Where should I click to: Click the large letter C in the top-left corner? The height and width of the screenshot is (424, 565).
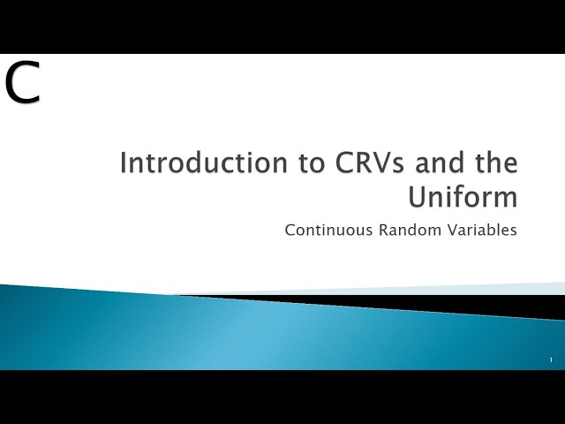(x=22, y=83)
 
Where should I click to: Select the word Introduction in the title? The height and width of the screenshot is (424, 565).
(x=182, y=163)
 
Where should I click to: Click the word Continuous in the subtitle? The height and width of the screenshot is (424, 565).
(x=323, y=231)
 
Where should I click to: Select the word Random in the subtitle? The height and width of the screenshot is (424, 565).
(x=404, y=231)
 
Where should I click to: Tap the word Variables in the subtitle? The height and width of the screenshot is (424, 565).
(x=482, y=231)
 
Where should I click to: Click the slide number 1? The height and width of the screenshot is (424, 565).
(x=551, y=360)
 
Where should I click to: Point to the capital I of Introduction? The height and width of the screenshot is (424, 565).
(x=123, y=163)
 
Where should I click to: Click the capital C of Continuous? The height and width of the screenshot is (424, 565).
(x=290, y=231)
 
